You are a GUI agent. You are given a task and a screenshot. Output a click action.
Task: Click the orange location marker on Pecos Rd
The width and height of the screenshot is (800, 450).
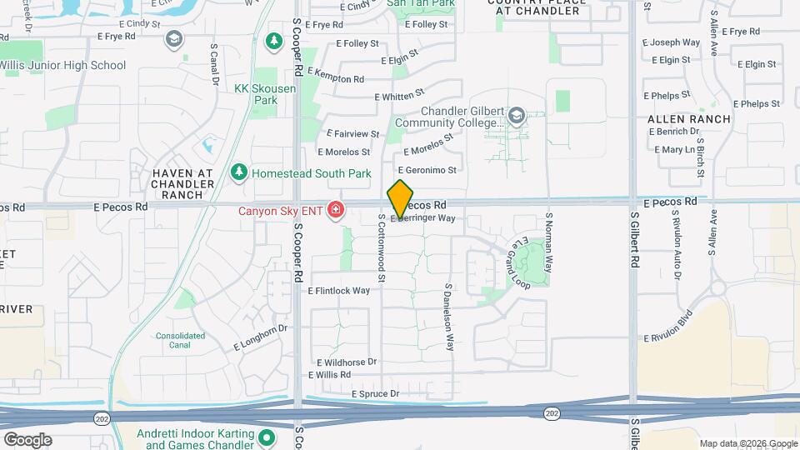pos(400,199)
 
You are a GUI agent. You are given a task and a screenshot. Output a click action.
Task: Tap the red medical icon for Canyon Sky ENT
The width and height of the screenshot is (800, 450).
pos(336,210)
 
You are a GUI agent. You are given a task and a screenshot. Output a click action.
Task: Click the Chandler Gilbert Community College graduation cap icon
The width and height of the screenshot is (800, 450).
pos(517,116)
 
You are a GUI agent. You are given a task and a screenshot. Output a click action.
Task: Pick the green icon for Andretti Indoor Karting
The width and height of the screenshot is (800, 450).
pos(267,437)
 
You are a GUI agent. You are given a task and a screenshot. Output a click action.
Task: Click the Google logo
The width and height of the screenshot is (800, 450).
pos(27,440)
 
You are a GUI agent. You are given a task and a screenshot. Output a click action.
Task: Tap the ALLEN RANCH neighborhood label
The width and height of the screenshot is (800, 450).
pos(688,119)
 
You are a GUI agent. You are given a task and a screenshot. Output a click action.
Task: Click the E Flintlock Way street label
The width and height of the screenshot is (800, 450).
pos(339,291)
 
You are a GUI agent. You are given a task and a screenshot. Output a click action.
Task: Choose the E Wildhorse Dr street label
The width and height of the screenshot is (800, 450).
pos(347,362)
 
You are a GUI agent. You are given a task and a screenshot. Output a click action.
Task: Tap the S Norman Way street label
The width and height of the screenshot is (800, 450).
pos(549,242)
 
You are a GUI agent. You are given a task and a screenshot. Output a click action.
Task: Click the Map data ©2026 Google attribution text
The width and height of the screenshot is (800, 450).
pos(747,443)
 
